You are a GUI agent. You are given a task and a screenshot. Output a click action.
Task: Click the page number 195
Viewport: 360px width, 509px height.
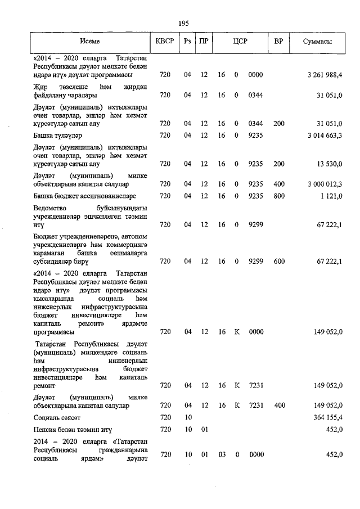(183, 23)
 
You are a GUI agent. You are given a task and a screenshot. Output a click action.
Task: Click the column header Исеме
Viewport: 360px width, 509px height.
(89, 42)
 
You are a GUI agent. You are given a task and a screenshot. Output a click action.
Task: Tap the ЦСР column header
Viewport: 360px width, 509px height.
(240, 42)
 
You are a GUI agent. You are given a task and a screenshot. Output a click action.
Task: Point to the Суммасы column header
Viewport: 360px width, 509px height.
(317, 42)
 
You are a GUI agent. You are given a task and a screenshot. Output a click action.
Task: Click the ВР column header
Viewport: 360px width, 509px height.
(278, 42)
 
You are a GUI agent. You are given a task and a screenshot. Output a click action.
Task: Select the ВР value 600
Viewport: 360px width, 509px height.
(279, 261)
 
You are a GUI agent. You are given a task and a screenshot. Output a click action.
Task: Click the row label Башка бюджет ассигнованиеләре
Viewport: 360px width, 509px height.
(85, 196)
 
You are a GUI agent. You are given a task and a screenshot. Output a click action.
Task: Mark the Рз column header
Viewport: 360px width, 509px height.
(188, 42)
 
